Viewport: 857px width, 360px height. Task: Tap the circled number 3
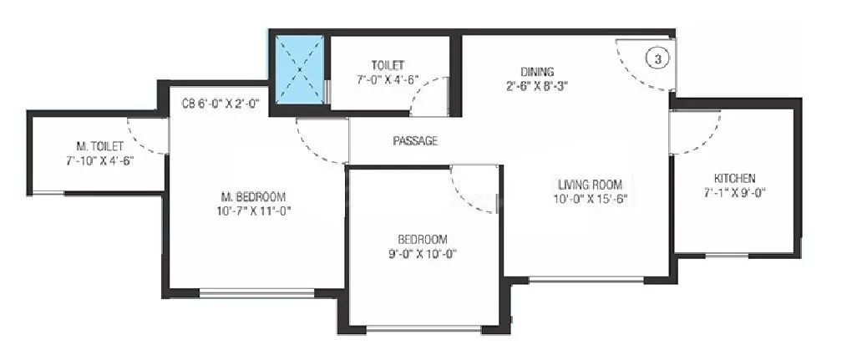click(658, 58)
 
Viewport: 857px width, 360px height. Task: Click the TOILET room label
click(388, 64)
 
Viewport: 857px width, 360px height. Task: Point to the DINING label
click(537, 71)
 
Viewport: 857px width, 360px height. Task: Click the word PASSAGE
click(415, 141)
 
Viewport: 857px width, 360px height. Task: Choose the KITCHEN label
click(734, 178)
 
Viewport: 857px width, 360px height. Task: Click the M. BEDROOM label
click(253, 196)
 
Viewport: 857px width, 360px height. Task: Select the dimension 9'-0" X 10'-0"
click(422, 253)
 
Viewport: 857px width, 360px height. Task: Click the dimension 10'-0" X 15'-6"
click(589, 199)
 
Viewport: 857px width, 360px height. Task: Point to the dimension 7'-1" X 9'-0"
click(734, 192)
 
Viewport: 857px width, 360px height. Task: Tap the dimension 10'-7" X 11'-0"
click(253, 210)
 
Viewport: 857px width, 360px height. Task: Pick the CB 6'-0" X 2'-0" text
click(221, 104)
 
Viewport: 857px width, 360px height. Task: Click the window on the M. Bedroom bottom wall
click(256, 292)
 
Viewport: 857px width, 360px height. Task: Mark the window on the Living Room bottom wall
click(586, 279)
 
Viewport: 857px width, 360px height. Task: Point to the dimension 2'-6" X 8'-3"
click(537, 86)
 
